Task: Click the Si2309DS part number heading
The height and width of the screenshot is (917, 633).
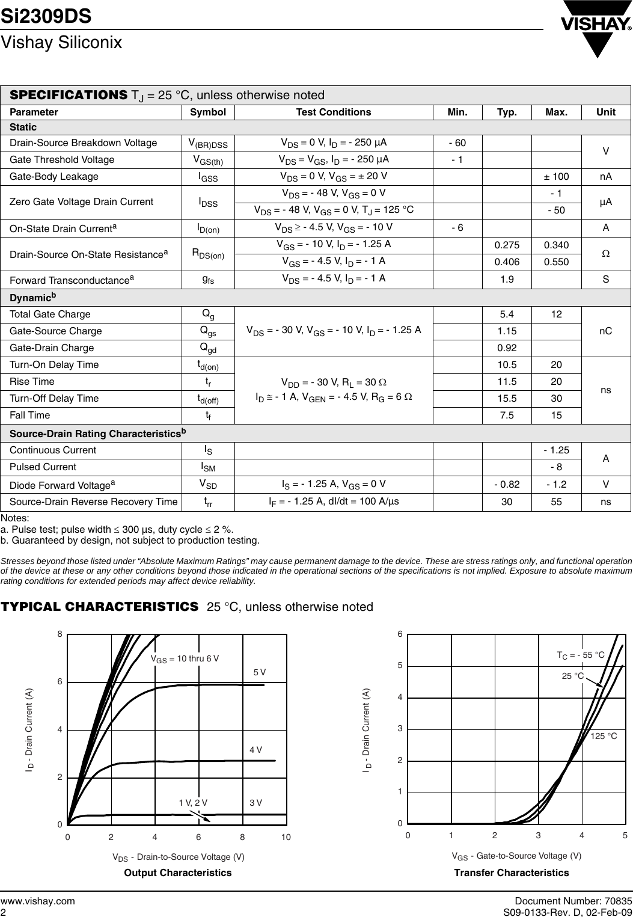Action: click(x=46, y=16)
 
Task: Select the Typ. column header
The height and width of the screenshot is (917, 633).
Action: click(x=507, y=112)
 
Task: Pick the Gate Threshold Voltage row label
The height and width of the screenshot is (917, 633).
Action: click(x=62, y=159)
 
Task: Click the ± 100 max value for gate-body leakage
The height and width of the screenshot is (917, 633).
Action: click(x=556, y=177)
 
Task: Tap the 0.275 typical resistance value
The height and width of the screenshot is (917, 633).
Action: click(x=507, y=245)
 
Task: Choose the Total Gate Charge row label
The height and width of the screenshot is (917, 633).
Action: click(x=50, y=314)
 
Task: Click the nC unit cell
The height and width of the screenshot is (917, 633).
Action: click(x=605, y=331)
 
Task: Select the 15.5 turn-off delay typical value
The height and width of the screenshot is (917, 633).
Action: click(x=507, y=398)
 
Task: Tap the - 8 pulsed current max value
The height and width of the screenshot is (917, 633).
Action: click(x=556, y=467)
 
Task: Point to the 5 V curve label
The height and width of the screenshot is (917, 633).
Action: click(x=260, y=672)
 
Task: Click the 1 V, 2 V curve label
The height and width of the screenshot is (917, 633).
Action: click(x=193, y=803)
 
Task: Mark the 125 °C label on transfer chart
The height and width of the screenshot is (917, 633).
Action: click(x=604, y=736)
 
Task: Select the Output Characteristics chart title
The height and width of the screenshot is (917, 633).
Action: click(x=177, y=873)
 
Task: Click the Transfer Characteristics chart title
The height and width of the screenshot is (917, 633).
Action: click(x=511, y=873)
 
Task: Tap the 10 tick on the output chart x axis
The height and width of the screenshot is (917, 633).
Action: click(x=286, y=838)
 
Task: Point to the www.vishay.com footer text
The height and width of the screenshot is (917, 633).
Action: click(x=38, y=901)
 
